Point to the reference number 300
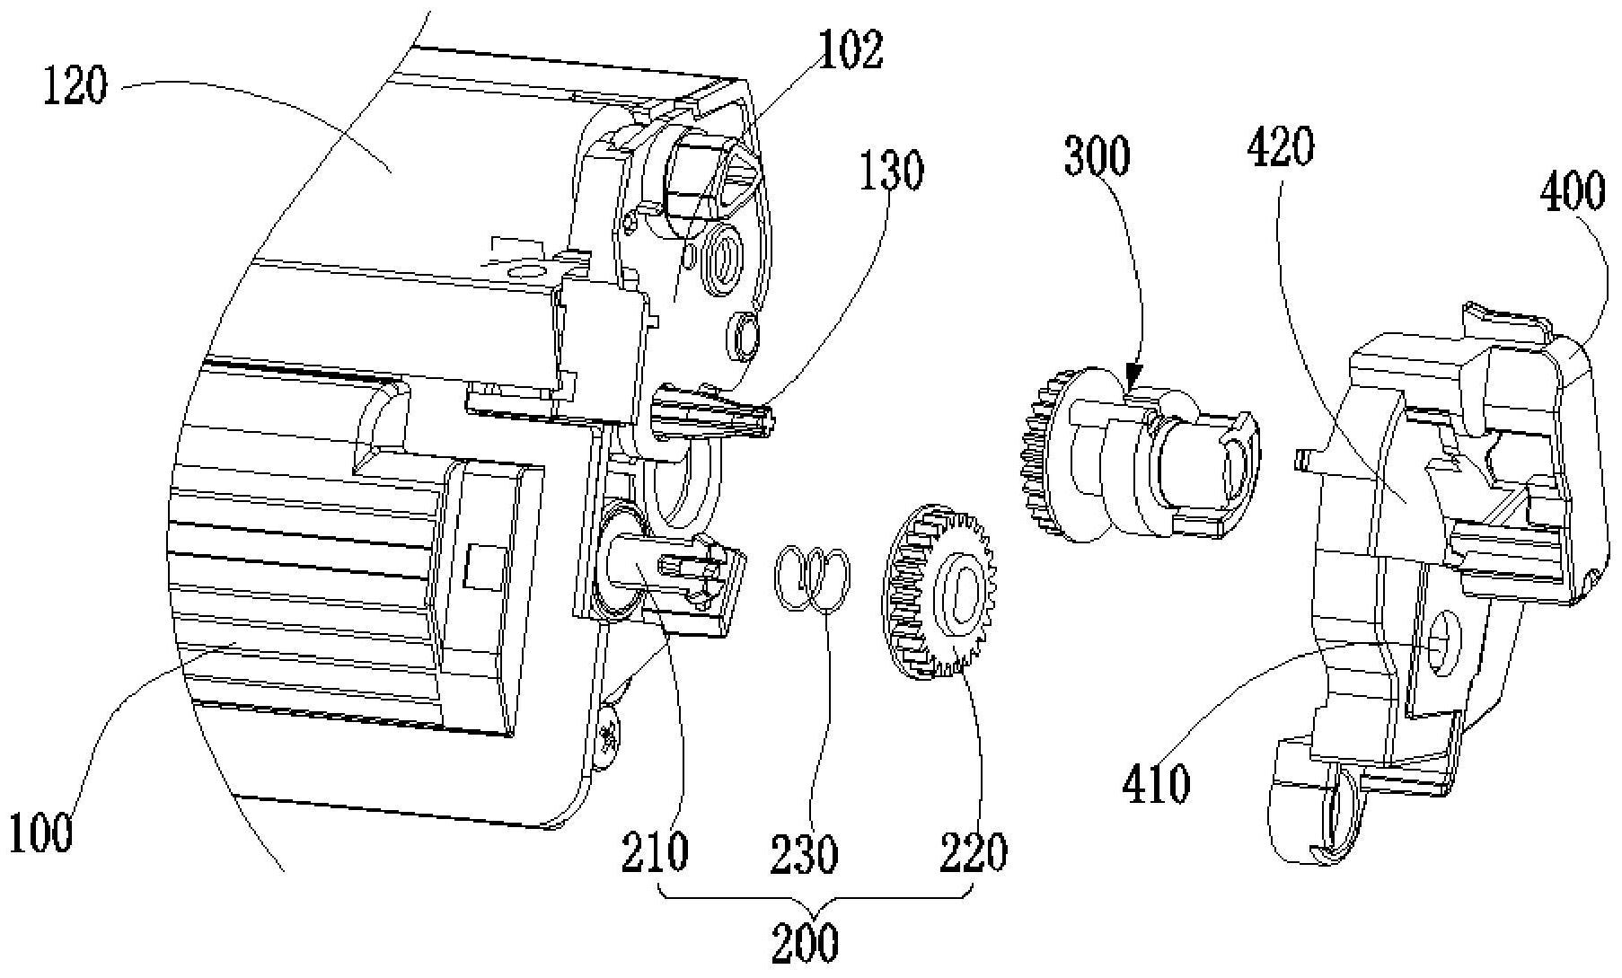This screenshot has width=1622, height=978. (x=1097, y=156)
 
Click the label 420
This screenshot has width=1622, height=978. (x=1281, y=147)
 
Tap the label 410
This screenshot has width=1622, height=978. (x=1157, y=783)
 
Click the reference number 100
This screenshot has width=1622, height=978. (x=41, y=833)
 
